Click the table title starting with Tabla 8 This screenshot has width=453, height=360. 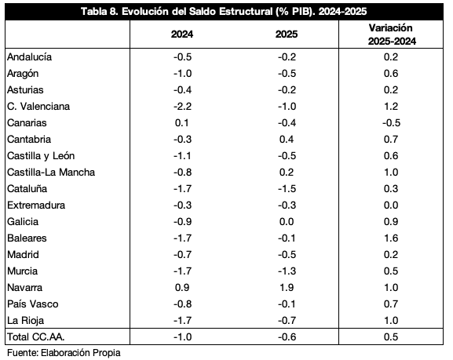click(x=224, y=12)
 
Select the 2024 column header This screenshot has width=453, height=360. click(x=182, y=35)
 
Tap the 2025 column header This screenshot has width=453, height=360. click(x=287, y=35)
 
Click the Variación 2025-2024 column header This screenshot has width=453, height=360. click(x=392, y=35)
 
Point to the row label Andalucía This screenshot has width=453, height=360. click(x=30, y=57)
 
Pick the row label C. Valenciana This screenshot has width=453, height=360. click(x=38, y=106)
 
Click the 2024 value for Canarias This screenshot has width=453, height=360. click(x=182, y=122)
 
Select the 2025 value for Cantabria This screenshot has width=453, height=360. click(x=287, y=139)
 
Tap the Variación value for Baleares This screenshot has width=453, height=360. click(x=391, y=238)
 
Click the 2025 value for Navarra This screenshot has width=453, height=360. click(x=287, y=288)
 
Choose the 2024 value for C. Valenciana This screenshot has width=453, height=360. click(x=183, y=106)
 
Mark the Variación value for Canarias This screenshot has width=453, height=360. click(x=392, y=122)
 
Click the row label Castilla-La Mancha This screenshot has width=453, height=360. click(x=51, y=173)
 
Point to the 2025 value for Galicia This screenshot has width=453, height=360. click(x=287, y=222)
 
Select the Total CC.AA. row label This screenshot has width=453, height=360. click(x=36, y=337)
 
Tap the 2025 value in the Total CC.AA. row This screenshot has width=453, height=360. click(x=287, y=337)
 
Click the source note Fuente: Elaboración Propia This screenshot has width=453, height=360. click(x=64, y=353)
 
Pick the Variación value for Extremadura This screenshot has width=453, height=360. click(x=391, y=205)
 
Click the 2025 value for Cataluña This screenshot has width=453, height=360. click(x=287, y=189)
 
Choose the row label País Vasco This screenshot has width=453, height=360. click(x=33, y=304)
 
